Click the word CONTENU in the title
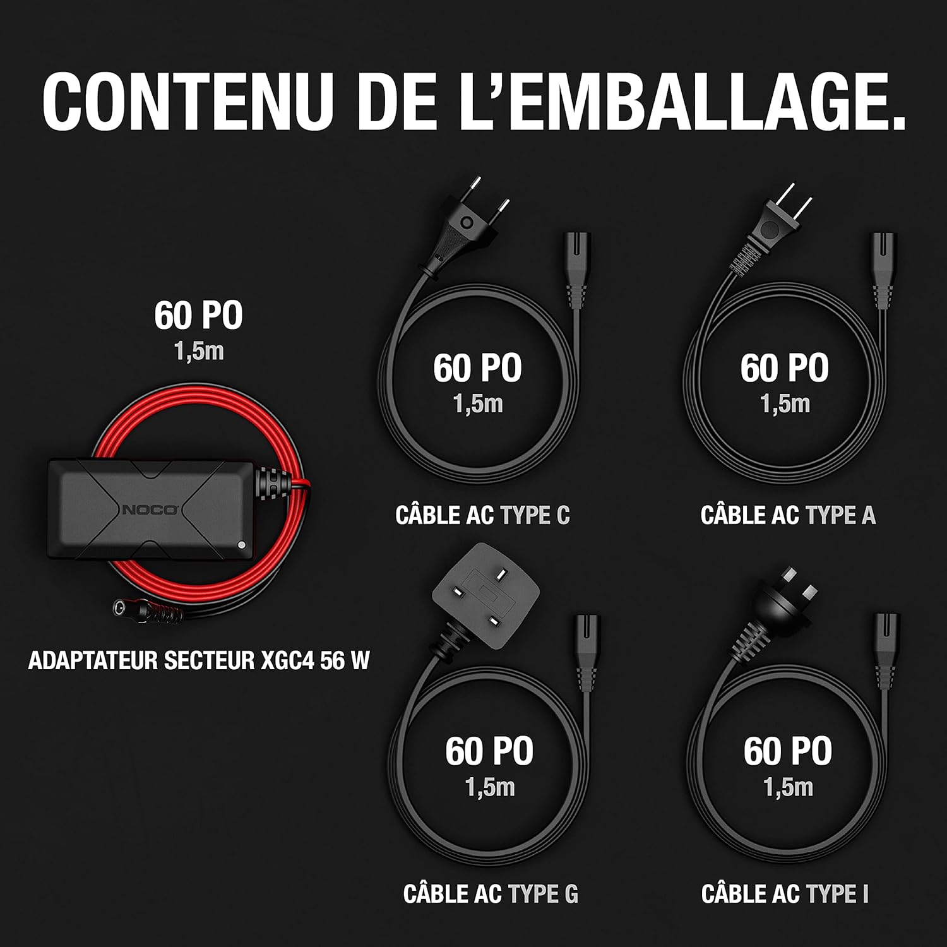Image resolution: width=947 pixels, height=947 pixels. [x=188, y=102]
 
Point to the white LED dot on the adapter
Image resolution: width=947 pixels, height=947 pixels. [x=241, y=545]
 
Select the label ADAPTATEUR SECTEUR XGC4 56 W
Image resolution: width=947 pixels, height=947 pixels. [x=198, y=660]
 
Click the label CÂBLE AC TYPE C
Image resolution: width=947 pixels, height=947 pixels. [x=482, y=515]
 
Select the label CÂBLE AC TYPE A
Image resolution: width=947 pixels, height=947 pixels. [x=788, y=515]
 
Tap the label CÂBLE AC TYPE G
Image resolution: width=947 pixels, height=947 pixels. [x=491, y=893]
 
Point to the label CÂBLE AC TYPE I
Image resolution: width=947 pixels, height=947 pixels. [x=785, y=893]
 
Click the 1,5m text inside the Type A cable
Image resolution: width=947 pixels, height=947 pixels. [x=785, y=404]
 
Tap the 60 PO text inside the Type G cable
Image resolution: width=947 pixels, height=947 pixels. [x=489, y=751]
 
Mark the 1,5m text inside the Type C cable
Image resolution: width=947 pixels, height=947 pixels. [x=478, y=404]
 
